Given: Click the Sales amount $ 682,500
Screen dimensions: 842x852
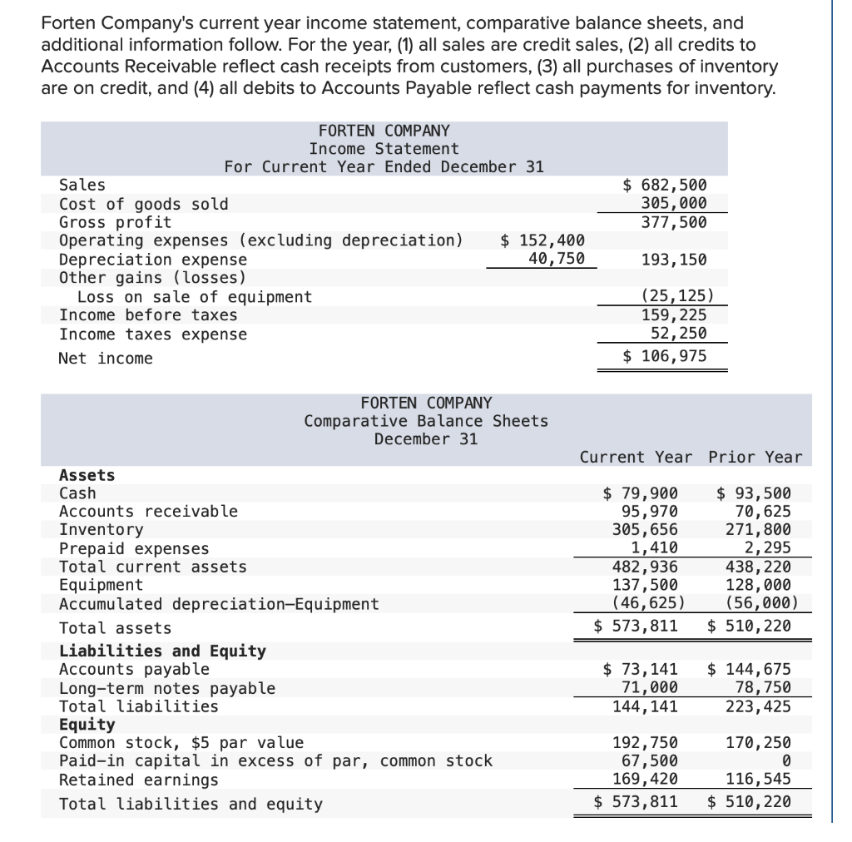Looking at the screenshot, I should [665, 186].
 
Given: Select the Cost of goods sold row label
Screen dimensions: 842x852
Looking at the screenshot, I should [143, 204].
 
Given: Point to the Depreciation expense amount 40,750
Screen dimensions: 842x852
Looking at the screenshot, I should [557, 259].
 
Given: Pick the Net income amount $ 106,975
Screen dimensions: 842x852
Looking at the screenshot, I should [665, 356].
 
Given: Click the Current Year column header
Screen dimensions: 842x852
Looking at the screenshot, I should [636, 457].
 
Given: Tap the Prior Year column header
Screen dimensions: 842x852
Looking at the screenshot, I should [755, 457].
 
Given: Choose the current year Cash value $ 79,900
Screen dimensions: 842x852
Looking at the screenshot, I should [640, 493].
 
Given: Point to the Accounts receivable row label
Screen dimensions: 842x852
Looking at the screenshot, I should [148, 512].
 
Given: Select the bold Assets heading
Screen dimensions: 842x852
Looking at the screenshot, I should [87, 475].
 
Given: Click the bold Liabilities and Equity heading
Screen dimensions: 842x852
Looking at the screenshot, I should [162, 651].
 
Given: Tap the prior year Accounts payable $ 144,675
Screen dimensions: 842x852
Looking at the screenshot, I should [749, 670].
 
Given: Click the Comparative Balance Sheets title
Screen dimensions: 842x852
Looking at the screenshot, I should [426, 421].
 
